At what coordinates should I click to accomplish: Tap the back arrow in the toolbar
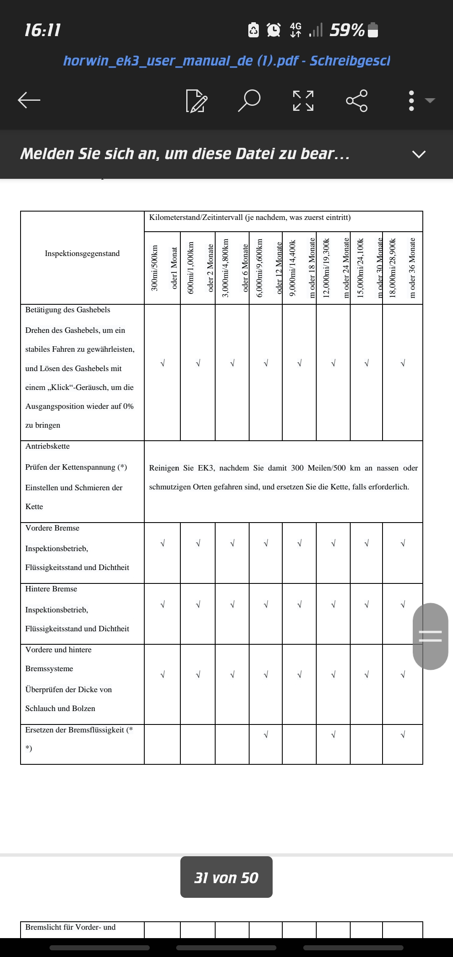(x=29, y=100)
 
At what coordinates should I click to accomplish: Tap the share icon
(x=357, y=100)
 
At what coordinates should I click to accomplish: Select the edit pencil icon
(x=196, y=101)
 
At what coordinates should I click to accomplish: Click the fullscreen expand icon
(x=303, y=100)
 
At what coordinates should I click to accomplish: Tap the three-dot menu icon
(x=411, y=100)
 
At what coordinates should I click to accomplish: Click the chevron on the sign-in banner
(x=419, y=154)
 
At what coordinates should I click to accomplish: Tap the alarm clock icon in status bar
(x=274, y=30)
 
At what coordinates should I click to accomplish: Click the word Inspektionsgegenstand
(x=82, y=254)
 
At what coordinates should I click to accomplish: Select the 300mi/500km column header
(x=155, y=268)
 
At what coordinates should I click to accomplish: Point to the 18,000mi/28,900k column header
(x=393, y=268)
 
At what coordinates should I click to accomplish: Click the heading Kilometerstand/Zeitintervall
(x=250, y=217)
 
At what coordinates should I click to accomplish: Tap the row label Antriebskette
(x=47, y=446)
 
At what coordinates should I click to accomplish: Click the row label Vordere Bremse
(x=52, y=528)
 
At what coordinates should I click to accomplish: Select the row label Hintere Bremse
(x=51, y=589)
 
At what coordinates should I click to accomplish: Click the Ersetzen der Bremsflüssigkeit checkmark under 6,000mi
(x=266, y=735)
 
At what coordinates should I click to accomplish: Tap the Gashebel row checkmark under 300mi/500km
(x=162, y=363)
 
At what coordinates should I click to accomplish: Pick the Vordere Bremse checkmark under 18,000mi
(x=403, y=544)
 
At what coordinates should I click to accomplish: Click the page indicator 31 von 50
(x=226, y=878)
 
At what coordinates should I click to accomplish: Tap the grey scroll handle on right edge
(x=430, y=636)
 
